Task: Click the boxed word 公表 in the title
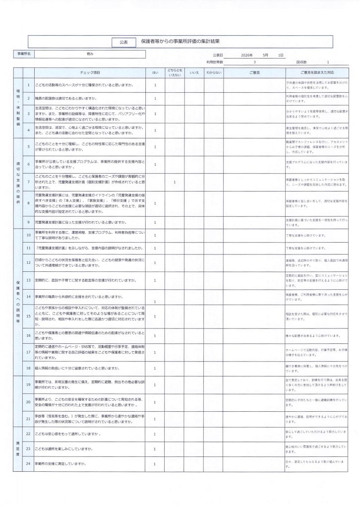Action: click(123, 42)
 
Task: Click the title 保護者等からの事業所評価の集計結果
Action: click(180, 42)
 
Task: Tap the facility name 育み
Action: click(90, 54)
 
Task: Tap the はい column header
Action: click(155, 73)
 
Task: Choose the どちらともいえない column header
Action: click(175, 73)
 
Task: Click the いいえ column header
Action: click(194, 73)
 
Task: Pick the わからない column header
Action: click(213, 73)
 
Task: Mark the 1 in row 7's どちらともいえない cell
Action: click(175, 182)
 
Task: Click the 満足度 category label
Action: click(18, 448)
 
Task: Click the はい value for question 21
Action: click(155, 417)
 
